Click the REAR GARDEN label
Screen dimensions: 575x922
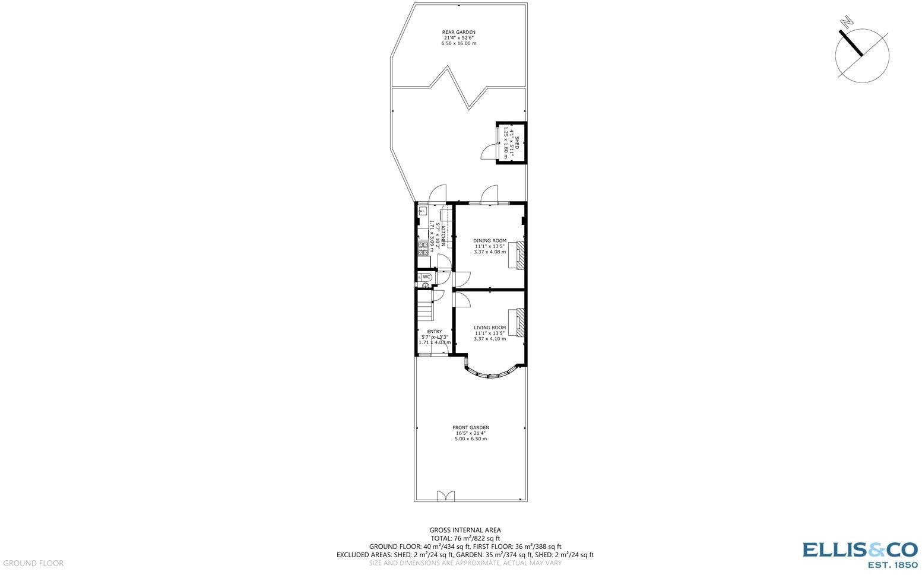tap(458, 32)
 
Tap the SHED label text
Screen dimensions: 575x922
tap(517, 142)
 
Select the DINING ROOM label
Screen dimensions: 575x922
tap(490, 241)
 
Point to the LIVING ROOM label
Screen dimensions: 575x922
tap(490, 328)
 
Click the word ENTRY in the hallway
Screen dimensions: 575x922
tap(434, 332)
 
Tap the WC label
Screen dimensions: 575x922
tap(426, 277)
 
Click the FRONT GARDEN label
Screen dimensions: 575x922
tap(471, 427)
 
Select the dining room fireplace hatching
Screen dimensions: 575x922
tap(519, 255)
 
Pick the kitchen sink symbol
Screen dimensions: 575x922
tap(423, 210)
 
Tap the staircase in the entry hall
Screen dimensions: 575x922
tap(424, 310)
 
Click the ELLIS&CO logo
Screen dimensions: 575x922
tap(860, 555)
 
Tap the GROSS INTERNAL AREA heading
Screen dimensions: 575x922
tap(465, 530)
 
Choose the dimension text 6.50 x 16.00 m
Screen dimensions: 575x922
tap(458, 43)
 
